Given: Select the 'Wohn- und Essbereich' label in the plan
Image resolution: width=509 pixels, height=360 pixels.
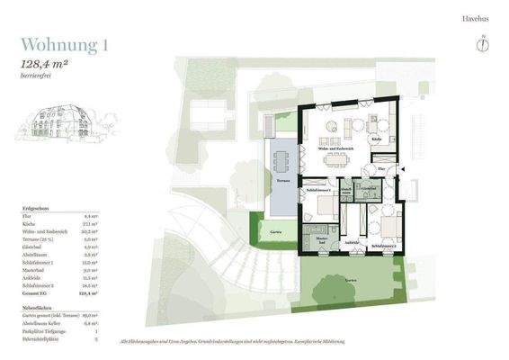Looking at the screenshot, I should [335, 148].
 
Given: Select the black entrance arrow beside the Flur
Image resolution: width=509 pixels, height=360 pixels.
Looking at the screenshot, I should [402, 169].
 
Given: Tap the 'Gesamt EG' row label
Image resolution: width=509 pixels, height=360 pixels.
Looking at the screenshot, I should [34, 292].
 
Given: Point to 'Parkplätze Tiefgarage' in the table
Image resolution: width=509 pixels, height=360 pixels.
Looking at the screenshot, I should [43, 330].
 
